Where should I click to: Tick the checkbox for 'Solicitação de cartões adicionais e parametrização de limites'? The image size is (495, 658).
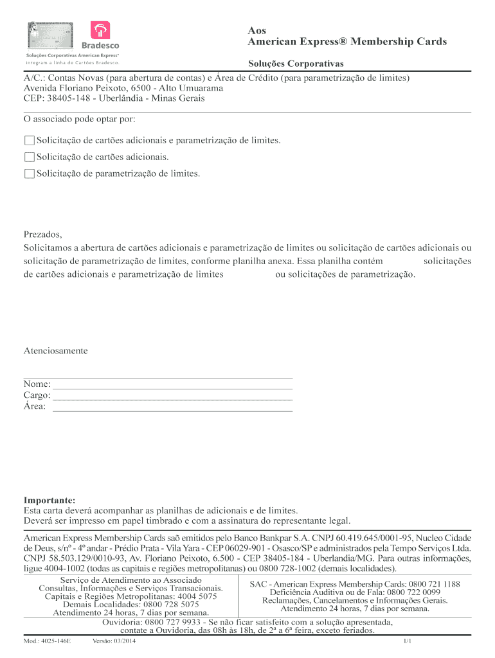point(29,140)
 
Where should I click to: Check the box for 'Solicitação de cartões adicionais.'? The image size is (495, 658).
point(29,157)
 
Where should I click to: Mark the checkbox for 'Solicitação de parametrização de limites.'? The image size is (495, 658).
point(29,173)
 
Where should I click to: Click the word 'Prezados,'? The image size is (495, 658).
point(42,235)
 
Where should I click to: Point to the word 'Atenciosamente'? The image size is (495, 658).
point(55,351)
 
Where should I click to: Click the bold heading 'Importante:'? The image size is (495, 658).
point(50,500)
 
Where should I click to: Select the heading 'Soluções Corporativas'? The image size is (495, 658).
point(296,64)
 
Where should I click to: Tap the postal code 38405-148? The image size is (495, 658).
point(69,98)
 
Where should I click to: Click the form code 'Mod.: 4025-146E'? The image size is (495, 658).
point(47,641)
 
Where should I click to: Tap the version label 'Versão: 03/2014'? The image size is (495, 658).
point(114,641)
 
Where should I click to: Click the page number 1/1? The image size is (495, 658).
point(407,641)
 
